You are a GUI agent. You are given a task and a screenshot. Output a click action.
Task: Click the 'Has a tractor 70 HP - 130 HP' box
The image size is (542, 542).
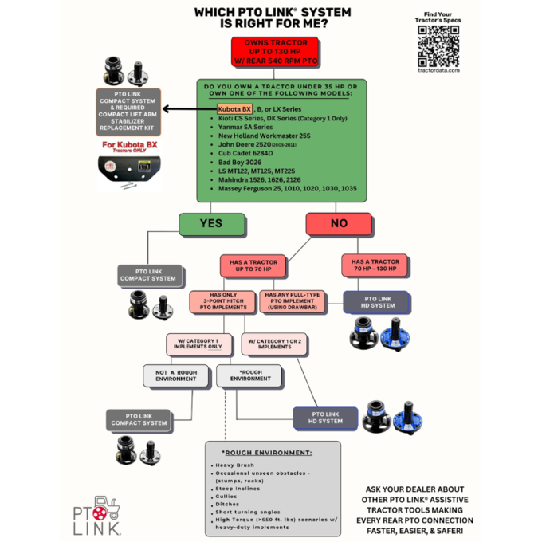coord(374,266)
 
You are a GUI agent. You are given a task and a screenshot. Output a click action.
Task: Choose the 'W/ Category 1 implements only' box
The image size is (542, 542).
coord(199,344)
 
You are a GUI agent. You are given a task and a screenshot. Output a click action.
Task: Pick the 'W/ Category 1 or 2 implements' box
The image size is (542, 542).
coord(274,344)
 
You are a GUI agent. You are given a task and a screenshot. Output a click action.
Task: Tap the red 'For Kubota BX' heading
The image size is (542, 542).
coord(128,145)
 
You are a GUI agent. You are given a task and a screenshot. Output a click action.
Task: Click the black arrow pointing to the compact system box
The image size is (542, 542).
coord(179,109)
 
